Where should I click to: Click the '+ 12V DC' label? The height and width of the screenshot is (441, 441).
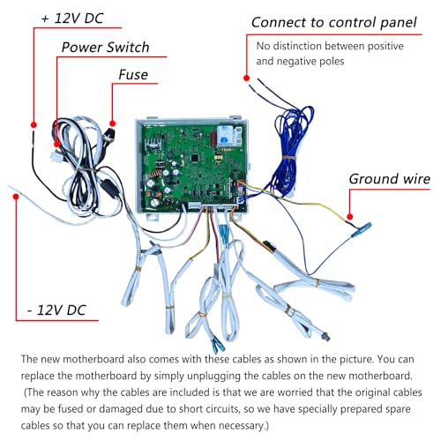[72, 19]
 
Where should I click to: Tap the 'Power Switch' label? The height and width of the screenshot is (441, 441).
[105, 48]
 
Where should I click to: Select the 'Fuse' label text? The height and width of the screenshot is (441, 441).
[133, 75]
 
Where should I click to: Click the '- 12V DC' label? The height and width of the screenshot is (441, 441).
[56, 310]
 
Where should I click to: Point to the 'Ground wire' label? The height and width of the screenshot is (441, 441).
[390, 179]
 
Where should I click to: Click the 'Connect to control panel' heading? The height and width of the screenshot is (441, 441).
[334, 23]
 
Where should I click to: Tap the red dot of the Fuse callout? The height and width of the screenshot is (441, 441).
[112, 123]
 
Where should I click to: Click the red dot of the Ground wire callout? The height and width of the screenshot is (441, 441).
[349, 217]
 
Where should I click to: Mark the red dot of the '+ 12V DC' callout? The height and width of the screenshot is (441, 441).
[34, 125]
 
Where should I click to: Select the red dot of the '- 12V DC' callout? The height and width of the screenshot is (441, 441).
[16, 196]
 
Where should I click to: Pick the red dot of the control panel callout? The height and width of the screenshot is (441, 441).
[247, 78]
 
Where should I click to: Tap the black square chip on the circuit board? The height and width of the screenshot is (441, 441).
[195, 158]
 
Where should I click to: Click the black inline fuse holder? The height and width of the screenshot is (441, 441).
[109, 188]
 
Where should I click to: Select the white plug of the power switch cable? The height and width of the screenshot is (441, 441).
[56, 156]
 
